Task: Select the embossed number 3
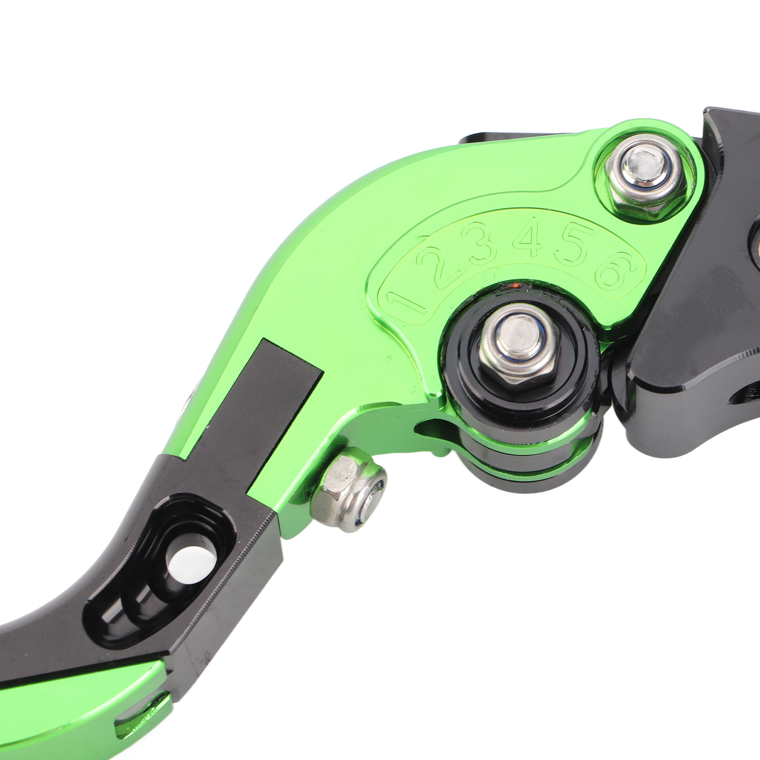(x=483, y=245)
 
